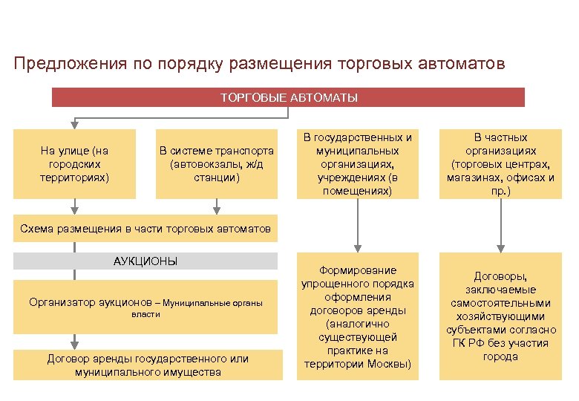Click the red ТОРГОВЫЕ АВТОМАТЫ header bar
[x=288, y=97]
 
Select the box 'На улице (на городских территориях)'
[x=74, y=164]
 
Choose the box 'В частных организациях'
[x=500, y=164]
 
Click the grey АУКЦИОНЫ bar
[x=145, y=261]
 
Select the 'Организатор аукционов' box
[x=145, y=307]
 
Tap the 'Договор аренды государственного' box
[x=148, y=365]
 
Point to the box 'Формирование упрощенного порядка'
[x=358, y=317]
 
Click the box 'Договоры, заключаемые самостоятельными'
[x=500, y=316]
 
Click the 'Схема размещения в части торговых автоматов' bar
[x=145, y=229]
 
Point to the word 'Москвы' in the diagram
[x=388, y=364]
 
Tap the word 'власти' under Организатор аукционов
[x=145, y=314]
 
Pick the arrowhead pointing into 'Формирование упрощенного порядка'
[x=358, y=247]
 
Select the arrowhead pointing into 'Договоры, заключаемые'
[x=500, y=247]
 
